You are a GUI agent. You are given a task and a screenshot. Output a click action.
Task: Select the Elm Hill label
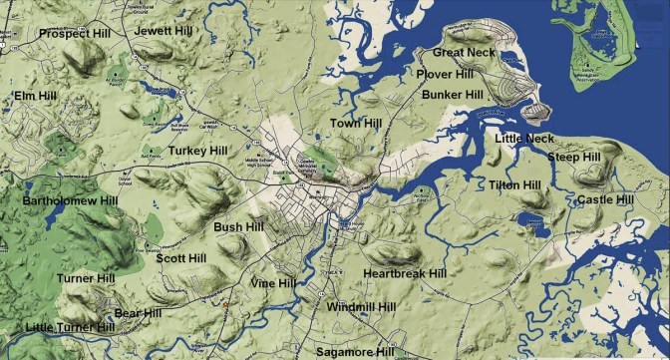pos(36,96)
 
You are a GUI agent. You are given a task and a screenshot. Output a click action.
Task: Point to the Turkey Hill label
pos(198,151)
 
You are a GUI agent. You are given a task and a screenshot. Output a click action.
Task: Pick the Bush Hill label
pos(239,228)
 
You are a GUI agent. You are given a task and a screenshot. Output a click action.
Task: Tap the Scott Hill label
pos(181,258)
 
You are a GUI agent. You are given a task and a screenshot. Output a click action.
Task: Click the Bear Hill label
pos(138,313)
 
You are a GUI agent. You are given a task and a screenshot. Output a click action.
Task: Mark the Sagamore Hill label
pos(355,352)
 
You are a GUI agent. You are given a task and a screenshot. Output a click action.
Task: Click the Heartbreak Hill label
pos(404,273)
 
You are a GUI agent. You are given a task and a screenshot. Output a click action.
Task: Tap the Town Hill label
pos(356,123)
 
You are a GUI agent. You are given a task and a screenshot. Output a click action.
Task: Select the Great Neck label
pos(464,52)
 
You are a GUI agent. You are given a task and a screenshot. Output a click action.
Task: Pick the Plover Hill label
pos(446,74)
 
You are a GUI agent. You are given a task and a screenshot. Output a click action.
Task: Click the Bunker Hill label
pos(453,95)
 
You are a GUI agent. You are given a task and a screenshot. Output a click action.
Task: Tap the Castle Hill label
pos(605,200)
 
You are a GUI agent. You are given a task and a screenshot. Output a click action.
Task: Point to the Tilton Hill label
pos(514,185)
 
